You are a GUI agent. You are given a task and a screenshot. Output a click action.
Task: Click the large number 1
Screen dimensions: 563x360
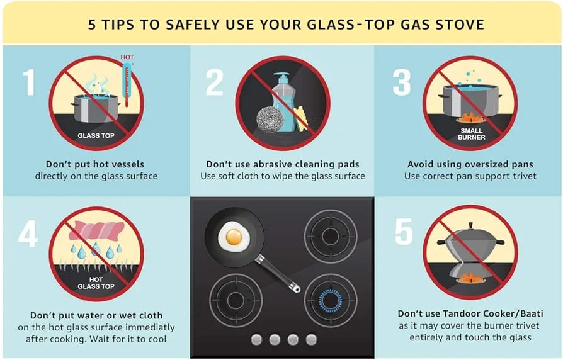pos(30,82)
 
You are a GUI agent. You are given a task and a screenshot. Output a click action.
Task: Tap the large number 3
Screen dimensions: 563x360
pos(402,82)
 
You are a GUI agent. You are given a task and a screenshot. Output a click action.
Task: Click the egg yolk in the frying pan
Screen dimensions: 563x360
pos(234,237)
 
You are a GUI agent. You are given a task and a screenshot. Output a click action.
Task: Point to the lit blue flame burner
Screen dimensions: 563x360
pos(331,300)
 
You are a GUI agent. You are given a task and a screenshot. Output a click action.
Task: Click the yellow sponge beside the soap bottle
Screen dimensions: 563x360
pos(302,118)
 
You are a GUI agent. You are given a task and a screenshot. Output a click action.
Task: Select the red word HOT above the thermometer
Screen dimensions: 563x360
pos(127,57)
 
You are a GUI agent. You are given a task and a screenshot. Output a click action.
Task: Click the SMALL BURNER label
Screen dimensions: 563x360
pos(472,134)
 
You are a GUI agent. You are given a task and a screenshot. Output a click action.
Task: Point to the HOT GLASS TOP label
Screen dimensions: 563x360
pos(96,283)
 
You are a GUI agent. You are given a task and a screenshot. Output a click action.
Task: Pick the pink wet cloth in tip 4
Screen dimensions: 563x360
pos(96,231)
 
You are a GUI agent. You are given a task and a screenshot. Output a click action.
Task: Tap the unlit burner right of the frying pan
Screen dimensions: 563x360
pos(331,236)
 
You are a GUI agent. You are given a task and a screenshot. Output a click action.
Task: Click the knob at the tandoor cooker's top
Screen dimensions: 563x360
pos(470,226)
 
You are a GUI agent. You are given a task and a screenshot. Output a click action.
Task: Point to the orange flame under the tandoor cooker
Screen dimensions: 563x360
pos(470,277)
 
